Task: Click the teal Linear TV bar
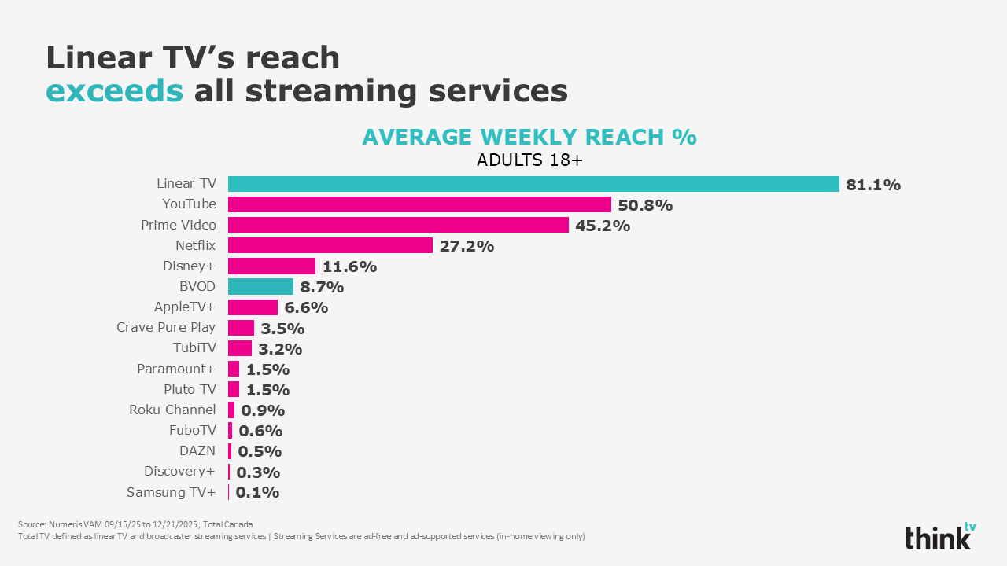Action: click(533, 184)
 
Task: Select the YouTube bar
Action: click(419, 204)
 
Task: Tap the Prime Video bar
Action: click(398, 225)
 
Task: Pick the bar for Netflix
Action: click(330, 245)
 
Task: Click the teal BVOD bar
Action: click(260, 286)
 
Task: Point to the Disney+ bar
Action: click(271, 266)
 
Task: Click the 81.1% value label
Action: click(873, 185)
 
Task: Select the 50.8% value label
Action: click(645, 205)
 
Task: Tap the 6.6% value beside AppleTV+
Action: click(306, 307)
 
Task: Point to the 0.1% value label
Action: click(257, 493)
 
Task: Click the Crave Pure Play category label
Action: click(166, 327)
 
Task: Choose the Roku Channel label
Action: click(172, 410)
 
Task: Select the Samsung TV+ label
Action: click(171, 492)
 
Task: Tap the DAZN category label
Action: click(197, 450)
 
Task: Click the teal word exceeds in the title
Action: click(114, 91)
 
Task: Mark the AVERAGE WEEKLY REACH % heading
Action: click(529, 137)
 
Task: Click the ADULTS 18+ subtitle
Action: click(528, 160)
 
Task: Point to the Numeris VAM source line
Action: click(135, 524)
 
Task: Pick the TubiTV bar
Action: click(240, 348)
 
